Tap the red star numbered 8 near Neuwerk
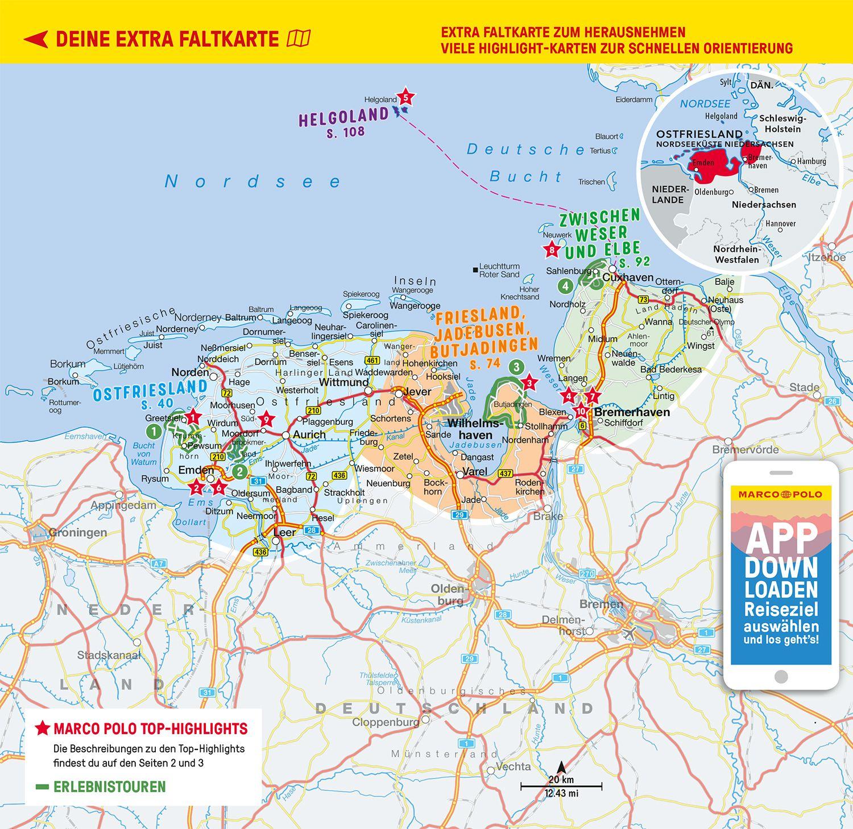[x=551, y=250]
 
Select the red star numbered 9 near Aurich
[x=266, y=420]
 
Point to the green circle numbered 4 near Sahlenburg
[x=565, y=286]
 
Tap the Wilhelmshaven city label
[x=469, y=429]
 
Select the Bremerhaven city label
[x=632, y=412]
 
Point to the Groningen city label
[x=78, y=533]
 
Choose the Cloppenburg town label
[x=386, y=722]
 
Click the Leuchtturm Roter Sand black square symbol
[x=474, y=269]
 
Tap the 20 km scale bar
[x=561, y=787]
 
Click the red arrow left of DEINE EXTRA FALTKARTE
[x=36, y=39]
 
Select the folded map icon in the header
[x=299, y=39]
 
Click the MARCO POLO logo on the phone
[x=780, y=494]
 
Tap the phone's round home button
[x=781, y=677]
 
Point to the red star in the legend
[x=43, y=729]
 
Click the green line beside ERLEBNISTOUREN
[x=42, y=787]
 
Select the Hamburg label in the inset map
[x=811, y=161]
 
